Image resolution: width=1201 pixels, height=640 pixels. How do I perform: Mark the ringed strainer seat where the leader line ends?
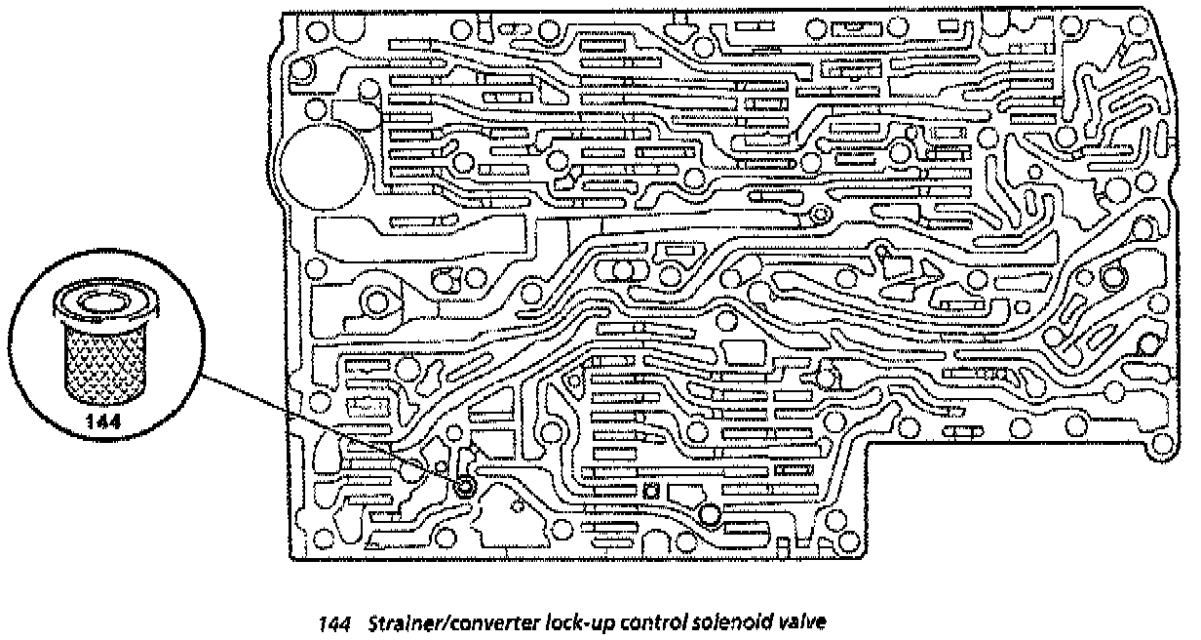tap(465, 486)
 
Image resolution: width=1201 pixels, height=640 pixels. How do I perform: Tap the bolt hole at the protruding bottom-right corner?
tap(1160, 447)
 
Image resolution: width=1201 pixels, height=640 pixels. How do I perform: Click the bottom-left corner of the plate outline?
tap(292, 559)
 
